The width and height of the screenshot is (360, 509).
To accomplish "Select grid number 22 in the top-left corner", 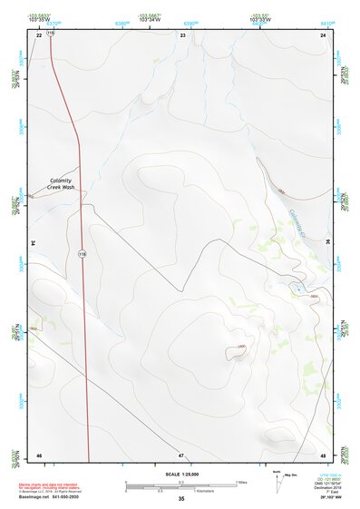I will point(39,34).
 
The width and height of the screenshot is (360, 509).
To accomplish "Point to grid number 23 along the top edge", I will point(183,34).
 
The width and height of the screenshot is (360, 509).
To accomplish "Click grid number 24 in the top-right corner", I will point(323,34).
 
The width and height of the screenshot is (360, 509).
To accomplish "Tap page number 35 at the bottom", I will point(181,500).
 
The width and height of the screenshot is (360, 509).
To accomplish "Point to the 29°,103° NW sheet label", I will point(329,500).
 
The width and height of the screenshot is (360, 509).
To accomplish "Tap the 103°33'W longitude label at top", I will point(260,19).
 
